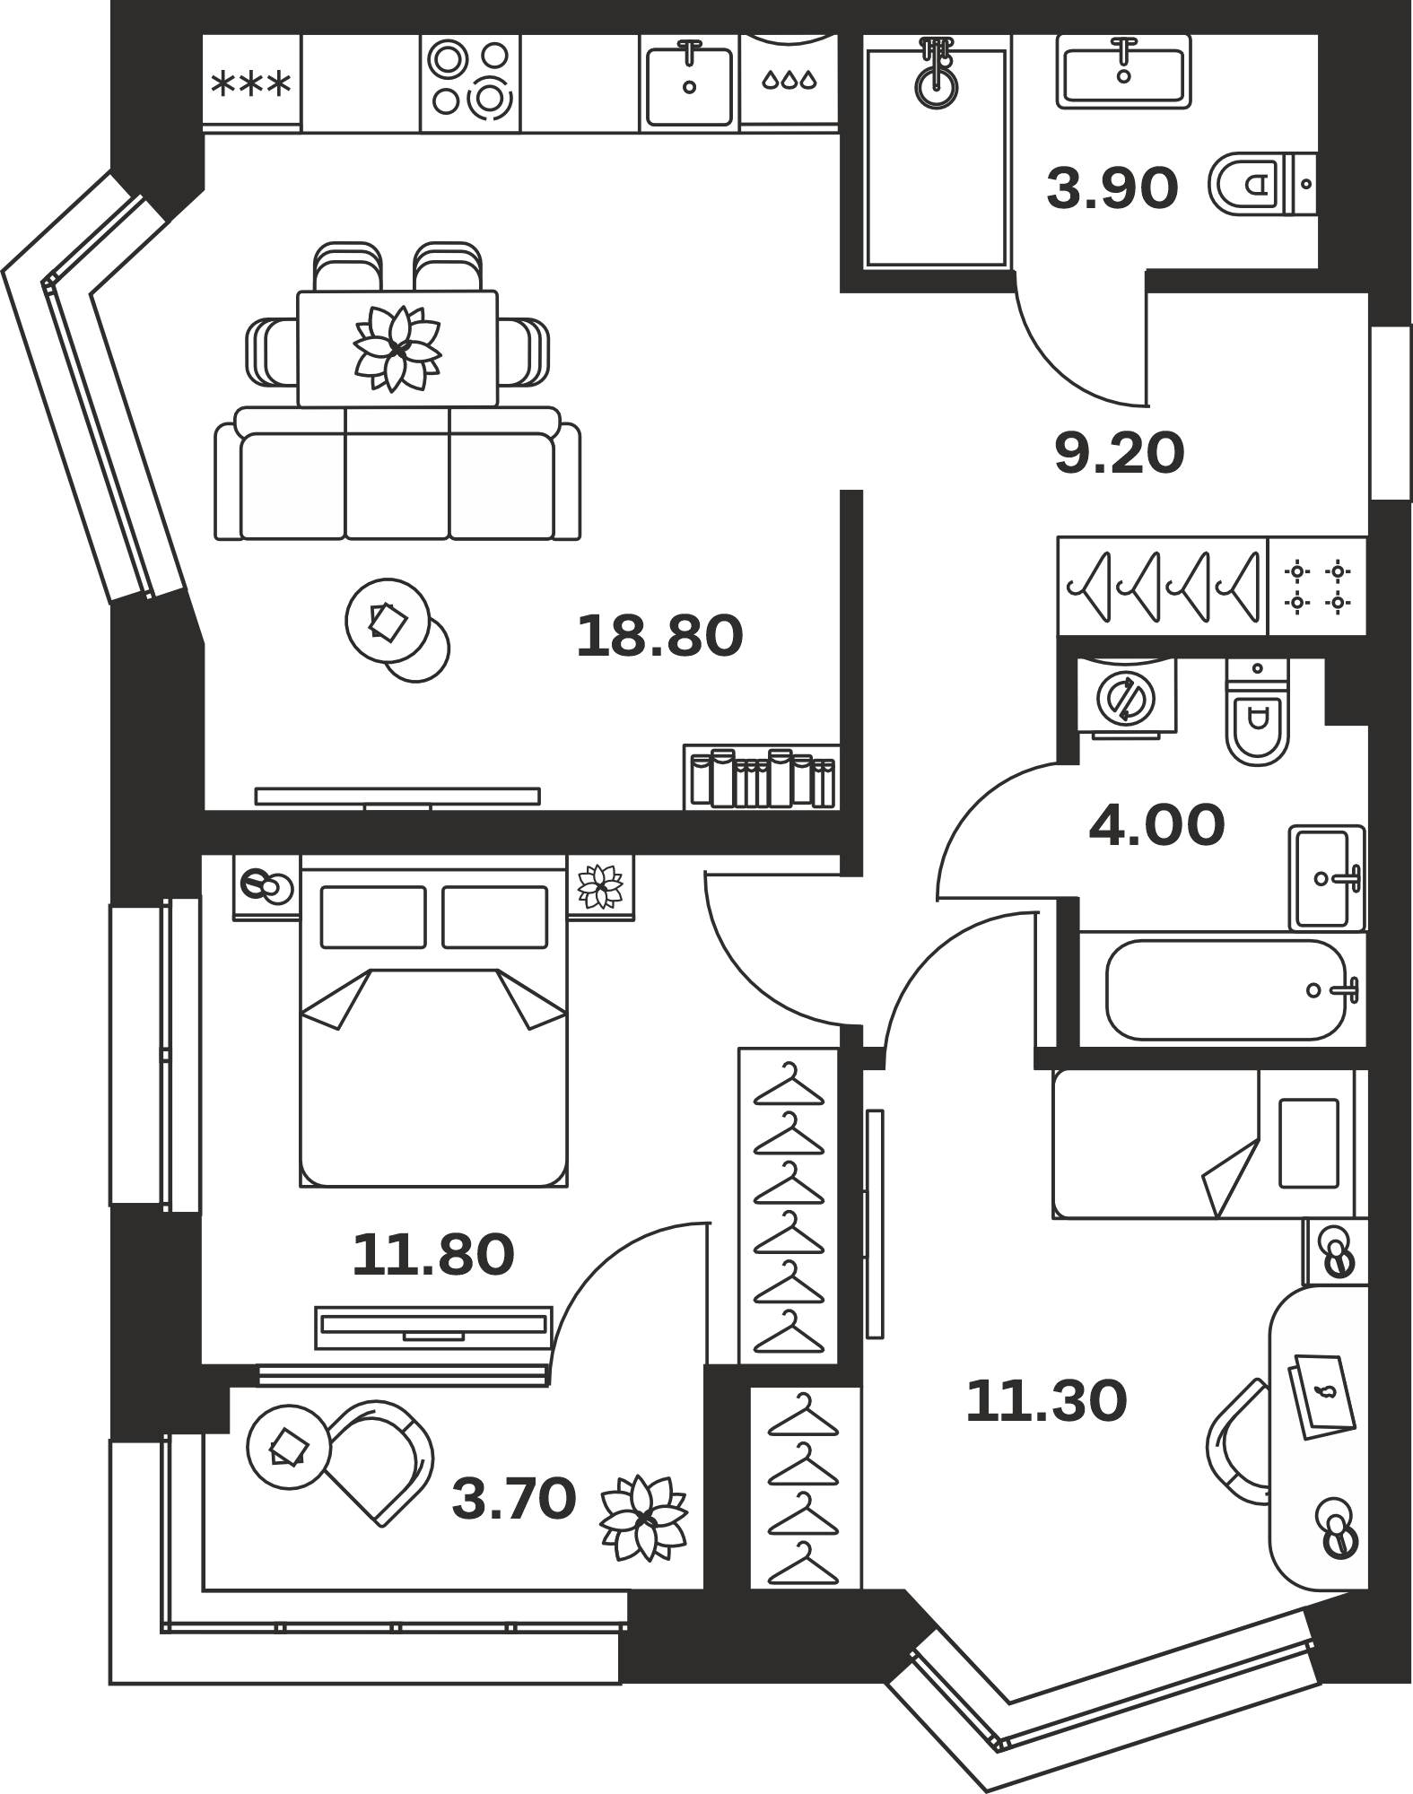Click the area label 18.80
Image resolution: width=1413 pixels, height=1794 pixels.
[659, 635]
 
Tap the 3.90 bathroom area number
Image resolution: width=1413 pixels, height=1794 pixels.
[1112, 189]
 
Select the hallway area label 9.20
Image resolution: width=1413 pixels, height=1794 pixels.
[1119, 453]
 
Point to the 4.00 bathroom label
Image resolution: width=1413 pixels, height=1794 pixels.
[1156, 825]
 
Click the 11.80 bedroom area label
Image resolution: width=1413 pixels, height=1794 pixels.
[433, 1254]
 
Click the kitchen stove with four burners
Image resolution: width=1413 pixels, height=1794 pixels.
[470, 80]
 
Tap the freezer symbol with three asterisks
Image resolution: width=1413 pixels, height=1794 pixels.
[251, 84]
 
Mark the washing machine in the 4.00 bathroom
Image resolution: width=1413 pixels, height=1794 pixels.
[1127, 697]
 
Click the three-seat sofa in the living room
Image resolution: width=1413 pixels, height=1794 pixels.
[397, 474]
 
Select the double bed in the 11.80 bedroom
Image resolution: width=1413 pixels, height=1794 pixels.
[434, 1020]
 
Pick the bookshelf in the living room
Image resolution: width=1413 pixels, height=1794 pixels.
[762, 777]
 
